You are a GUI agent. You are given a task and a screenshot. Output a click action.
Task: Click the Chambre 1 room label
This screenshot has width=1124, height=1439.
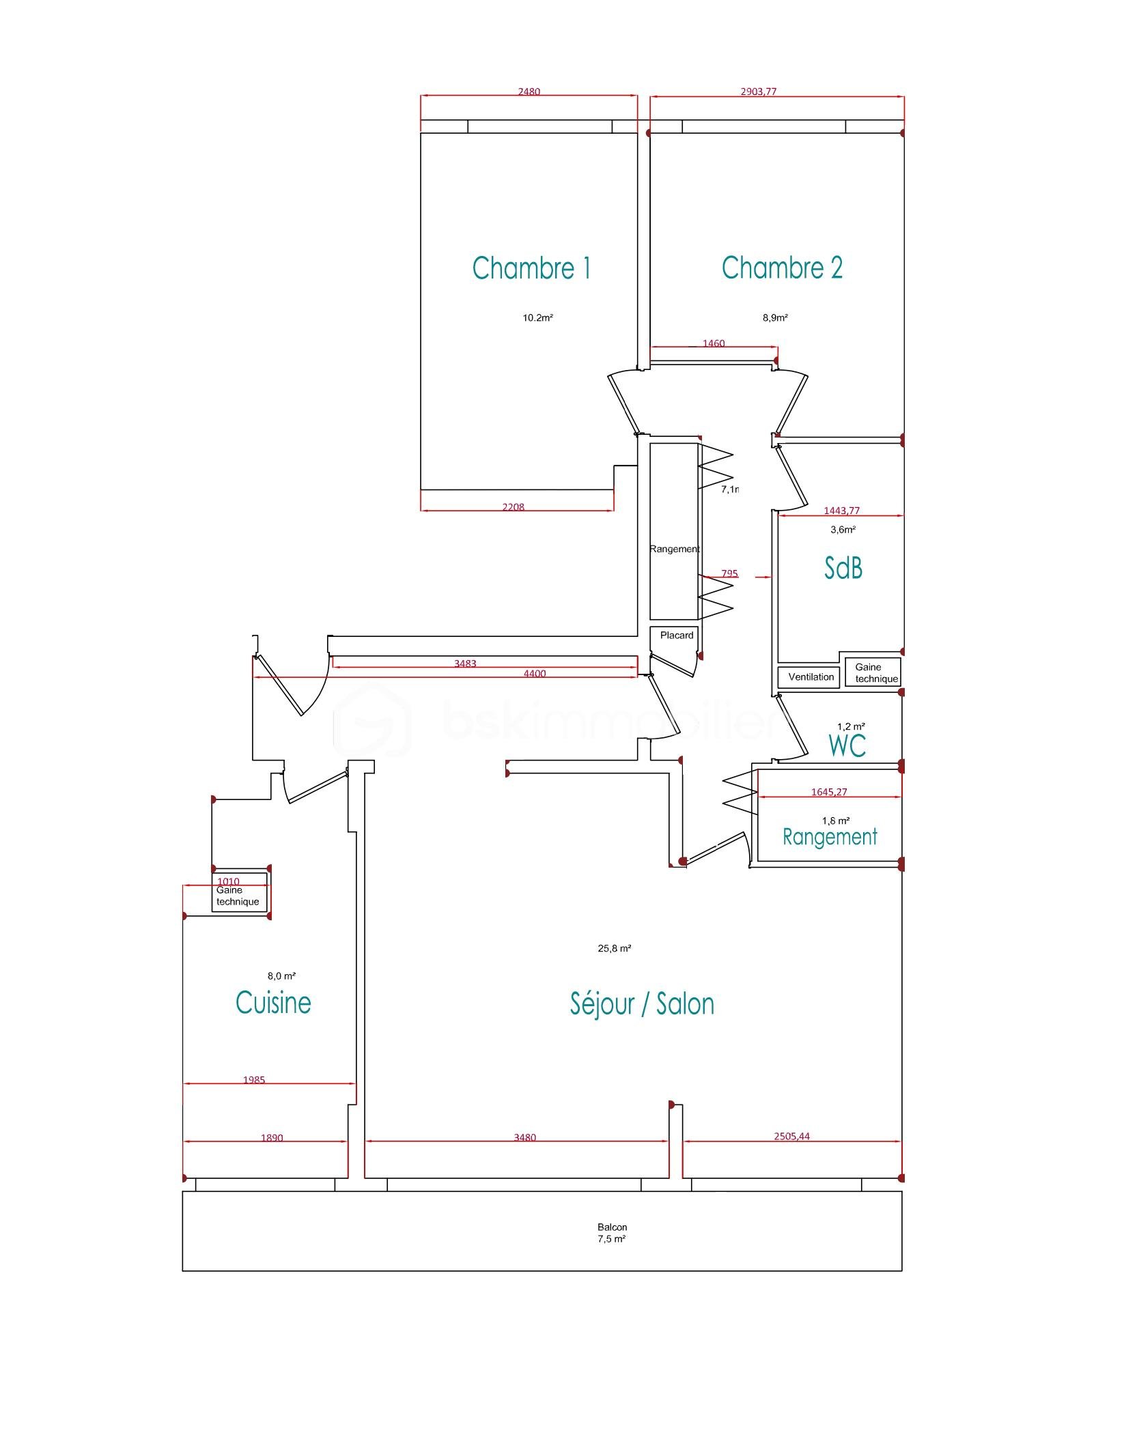click(x=531, y=268)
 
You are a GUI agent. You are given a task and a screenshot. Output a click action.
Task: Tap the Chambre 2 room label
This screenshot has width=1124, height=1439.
click(x=782, y=268)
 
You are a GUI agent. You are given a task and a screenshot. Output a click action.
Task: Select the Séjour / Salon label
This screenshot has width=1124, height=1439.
click(x=642, y=1004)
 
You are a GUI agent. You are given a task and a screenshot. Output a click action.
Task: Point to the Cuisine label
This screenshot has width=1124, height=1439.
click(x=273, y=1003)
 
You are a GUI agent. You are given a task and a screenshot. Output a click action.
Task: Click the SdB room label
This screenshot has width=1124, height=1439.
click(x=843, y=568)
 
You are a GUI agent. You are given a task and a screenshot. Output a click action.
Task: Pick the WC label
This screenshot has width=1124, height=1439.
click(x=847, y=746)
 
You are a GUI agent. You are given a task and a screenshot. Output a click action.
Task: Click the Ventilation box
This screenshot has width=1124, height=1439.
click(x=811, y=677)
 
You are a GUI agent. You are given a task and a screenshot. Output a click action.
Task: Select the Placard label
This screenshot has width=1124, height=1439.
click(x=676, y=636)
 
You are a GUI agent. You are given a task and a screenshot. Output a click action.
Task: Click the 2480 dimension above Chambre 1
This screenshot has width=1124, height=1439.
click(x=529, y=91)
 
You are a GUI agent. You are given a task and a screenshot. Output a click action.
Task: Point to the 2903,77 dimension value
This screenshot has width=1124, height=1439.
click(x=758, y=91)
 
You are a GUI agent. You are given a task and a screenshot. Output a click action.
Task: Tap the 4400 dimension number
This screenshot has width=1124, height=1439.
click(x=535, y=674)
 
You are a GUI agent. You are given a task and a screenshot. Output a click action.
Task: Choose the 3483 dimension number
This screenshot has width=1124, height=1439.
click(x=465, y=664)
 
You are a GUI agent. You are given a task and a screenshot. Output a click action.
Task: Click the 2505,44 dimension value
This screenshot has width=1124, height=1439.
click(x=791, y=1137)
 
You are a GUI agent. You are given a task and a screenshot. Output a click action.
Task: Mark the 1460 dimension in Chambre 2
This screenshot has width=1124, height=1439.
click(x=714, y=343)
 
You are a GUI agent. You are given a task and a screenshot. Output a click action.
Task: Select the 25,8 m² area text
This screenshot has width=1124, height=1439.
click(x=614, y=948)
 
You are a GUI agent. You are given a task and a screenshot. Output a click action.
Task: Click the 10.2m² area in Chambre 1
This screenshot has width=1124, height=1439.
click(x=537, y=317)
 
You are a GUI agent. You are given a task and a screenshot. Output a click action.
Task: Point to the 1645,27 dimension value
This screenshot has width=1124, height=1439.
click(x=829, y=792)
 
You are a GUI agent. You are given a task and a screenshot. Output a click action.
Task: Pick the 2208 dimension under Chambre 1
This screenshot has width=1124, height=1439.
click(x=514, y=507)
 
